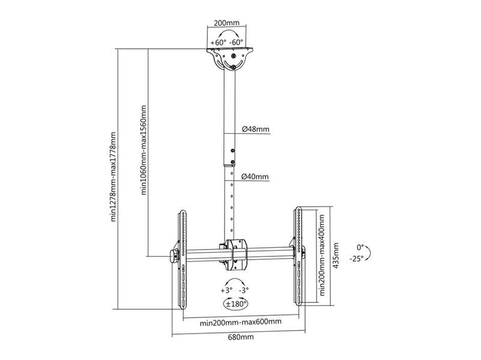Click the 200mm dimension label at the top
(x=226, y=23)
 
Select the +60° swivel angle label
(x=218, y=42)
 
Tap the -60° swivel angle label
(x=236, y=42)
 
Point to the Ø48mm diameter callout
(x=256, y=129)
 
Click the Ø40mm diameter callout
(x=255, y=176)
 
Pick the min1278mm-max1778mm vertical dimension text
(x=113, y=177)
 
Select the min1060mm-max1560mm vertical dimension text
(x=144, y=150)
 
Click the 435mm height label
(x=336, y=256)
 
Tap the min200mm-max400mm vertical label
(x=322, y=255)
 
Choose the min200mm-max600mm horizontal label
(x=240, y=322)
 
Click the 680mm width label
(x=241, y=337)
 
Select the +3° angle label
(x=226, y=290)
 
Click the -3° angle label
(x=244, y=290)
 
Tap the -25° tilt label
(x=356, y=259)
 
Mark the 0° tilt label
(x=360, y=247)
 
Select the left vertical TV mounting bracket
(x=182, y=259)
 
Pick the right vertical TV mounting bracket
(x=298, y=256)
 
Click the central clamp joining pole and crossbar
(x=235, y=254)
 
